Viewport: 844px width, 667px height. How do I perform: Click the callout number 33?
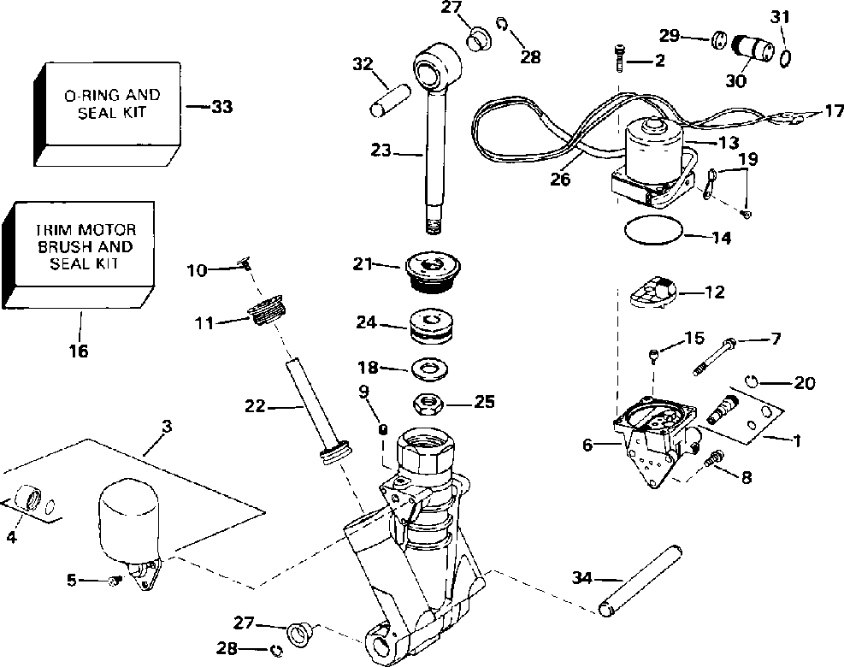221,107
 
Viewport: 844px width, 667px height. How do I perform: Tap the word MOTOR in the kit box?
107,230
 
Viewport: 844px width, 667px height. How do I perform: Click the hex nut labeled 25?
431,404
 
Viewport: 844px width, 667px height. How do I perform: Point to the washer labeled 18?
431,369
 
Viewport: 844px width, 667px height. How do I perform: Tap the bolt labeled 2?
621,58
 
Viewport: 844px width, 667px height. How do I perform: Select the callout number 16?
78,351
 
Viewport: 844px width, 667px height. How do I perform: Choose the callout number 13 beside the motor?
728,143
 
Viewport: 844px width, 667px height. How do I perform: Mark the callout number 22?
255,405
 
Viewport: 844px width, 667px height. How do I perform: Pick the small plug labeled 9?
384,429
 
